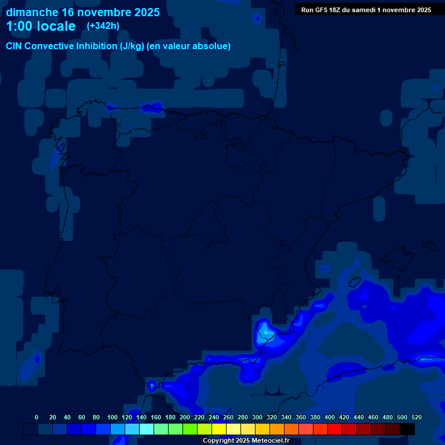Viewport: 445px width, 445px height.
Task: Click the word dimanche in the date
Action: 31,12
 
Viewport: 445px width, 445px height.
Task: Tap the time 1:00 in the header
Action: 18,26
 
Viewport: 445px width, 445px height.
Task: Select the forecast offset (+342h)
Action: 103,25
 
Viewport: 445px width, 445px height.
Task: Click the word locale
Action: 54,26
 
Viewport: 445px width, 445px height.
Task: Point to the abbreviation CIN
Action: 15,46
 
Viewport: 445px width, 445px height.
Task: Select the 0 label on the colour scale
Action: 37,417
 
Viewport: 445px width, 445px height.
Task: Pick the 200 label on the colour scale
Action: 185,417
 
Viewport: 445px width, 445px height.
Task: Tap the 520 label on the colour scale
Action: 416,417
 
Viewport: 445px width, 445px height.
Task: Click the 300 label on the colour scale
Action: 257,417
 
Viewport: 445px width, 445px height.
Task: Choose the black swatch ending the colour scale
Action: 407,429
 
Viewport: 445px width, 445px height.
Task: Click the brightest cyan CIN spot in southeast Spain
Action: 266,331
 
